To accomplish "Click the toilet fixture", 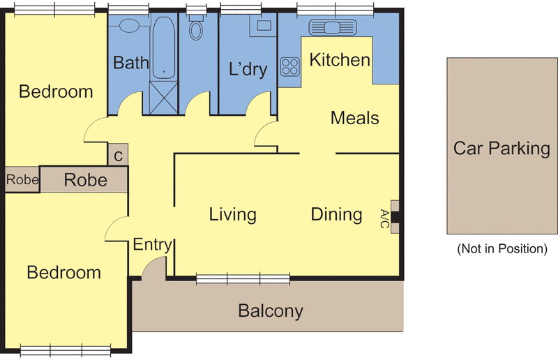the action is pyautogui.click(x=196, y=27).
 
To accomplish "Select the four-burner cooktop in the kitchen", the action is pyautogui.click(x=289, y=67).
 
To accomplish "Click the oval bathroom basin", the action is pyautogui.click(x=129, y=26).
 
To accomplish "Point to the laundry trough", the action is pyautogui.click(x=264, y=25).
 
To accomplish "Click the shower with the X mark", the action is pyautogui.click(x=163, y=98).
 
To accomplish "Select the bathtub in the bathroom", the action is pyautogui.click(x=164, y=47).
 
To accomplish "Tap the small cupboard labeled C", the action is pyautogui.click(x=118, y=155).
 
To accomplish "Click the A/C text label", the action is pyautogui.click(x=384, y=218).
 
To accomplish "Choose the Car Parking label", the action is pyautogui.click(x=502, y=149).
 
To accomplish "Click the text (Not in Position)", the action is pyautogui.click(x=502, y=248).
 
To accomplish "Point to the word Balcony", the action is pyautogui.click(x=271, y=311).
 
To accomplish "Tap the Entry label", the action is pyautogui.click(x=152, y=245).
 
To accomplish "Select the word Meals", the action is pyautogui.click(x=355, y=118).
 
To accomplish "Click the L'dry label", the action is pyautogui.click(x=248, y=69).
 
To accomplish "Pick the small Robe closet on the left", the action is pyautogui.click(x=22, y=180).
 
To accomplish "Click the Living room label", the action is pyautogui.click(x=232, y=214).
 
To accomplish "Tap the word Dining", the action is pyautogui.click(x=337, y=214).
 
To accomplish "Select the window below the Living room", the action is pyautogui.click(x=243, y=279).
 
